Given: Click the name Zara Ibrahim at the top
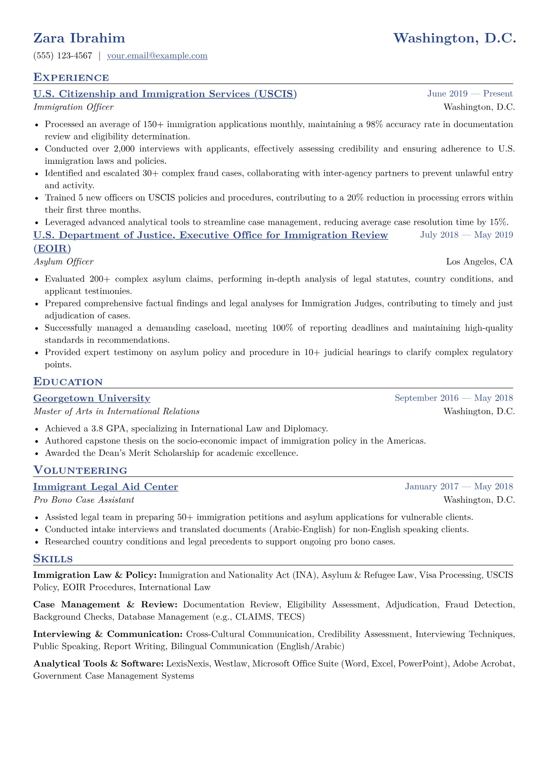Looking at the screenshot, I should tap(79, 38).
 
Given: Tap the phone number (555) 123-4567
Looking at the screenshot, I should tap(63, 56).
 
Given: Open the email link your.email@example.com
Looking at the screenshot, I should tap(157, 56).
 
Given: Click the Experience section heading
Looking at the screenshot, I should tap(71, 78).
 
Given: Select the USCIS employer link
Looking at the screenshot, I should tap(165, 94).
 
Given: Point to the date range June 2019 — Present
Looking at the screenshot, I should tap(470, 94).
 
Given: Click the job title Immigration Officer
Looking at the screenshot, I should tap(73, 107).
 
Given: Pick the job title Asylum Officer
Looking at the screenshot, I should tap(63, 262).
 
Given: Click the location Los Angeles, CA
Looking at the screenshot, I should tap(479, 262).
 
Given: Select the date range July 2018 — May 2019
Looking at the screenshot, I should tap(466, 235).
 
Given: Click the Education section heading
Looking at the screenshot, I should tap(68, 382).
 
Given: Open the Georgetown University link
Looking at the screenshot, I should tap(92, 399).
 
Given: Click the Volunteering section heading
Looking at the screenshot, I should tap(80, 471).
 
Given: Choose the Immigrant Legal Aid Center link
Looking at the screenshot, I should tap(106, 487).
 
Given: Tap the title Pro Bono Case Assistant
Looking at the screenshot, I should tap(84, 500).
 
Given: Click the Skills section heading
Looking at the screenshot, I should tap(53, 559).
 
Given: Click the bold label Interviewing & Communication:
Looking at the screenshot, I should tap(108, 634).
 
